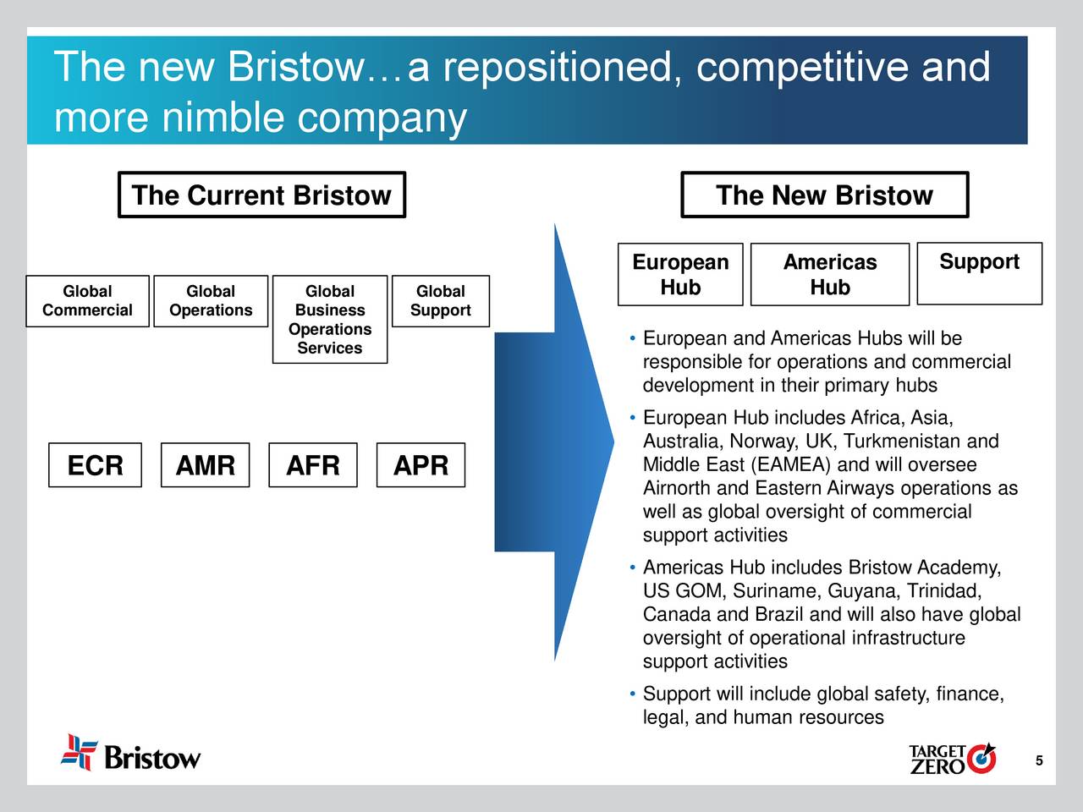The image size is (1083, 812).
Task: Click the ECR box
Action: (95, 465)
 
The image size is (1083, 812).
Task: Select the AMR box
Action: (205, 465)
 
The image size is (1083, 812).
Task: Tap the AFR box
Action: (313, 465)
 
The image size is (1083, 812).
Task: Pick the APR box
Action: (421, 465)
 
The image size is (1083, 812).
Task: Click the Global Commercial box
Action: (87, 301)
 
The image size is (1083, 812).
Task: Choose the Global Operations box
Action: (211, 301)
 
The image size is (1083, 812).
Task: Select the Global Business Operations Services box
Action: (330, 320)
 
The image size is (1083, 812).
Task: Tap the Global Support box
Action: (440, 301)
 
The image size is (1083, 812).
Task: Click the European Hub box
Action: (680, 275)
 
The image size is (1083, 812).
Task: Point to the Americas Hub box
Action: (829, 275)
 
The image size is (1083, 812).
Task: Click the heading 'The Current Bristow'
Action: (261, 195)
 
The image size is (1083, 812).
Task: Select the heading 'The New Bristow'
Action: (824, 195)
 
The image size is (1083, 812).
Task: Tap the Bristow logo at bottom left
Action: (131, 753)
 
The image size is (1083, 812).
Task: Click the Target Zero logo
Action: (952, 759)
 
